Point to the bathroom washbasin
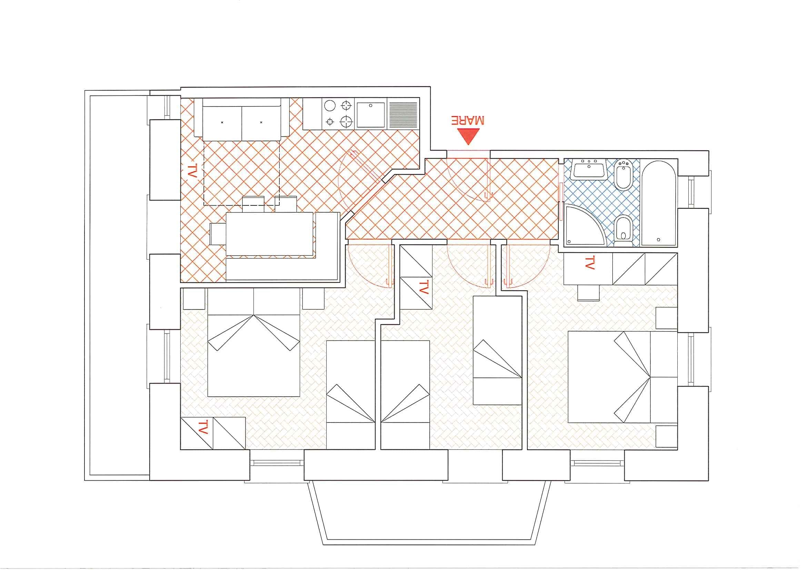(588, 169)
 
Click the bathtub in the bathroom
(659, 203)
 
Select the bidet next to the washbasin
(624, 174)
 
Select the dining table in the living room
(269, 234)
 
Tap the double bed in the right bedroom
(622, 377)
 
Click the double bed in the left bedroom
(254, 343)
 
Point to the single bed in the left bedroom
(350, 395)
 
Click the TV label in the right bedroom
(589, 263)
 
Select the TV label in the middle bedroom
(424, 287)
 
